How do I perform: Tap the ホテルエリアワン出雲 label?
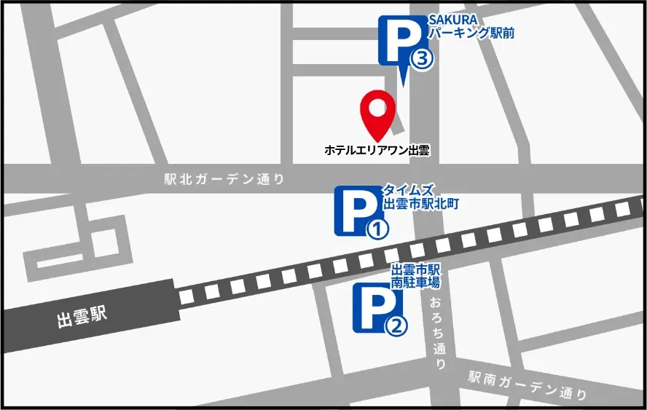coord(377,151)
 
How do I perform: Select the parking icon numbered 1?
coord(357,211)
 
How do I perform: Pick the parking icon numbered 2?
coord(376,307)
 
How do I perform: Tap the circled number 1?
coord(377,229)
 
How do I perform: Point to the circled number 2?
coord(396,327)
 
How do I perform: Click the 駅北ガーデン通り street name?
coord(224,180)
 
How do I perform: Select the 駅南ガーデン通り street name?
coord(528,386)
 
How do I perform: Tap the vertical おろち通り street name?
coord(438,334)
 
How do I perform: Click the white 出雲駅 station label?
coord(82,318)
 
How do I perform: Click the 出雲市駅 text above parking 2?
coord(415,269)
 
